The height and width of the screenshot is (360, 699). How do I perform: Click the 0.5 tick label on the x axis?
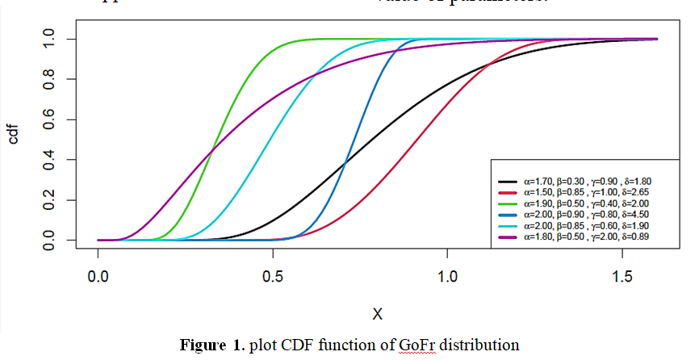273,274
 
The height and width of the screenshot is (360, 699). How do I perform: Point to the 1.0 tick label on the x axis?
448,274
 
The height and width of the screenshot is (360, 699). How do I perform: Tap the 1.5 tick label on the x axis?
622,274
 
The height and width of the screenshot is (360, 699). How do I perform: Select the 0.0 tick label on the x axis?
98,274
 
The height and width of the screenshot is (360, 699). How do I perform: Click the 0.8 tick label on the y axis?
48,79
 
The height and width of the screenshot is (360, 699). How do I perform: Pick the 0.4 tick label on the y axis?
48,160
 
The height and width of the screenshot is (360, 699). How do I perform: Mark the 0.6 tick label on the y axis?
48,119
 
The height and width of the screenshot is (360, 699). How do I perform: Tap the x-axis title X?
377,312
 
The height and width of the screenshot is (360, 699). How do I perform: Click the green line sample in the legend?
509,204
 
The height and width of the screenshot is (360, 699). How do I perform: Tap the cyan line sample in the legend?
509,226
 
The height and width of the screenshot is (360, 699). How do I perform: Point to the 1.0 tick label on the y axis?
48,39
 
